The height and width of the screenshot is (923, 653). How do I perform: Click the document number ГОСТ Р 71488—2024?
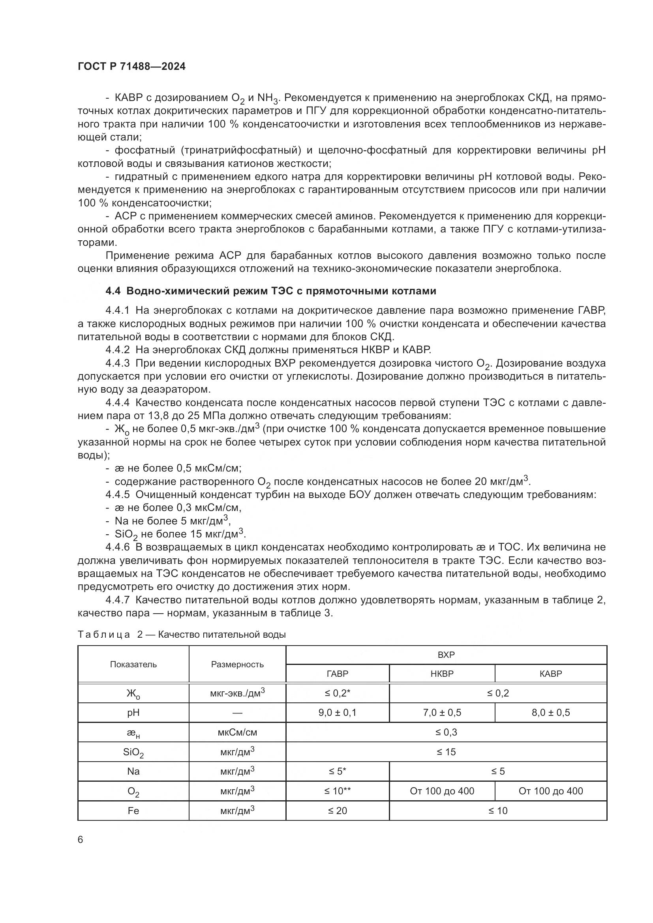tap(131, 67)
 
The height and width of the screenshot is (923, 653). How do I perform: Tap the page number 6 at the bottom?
tap(81, 840)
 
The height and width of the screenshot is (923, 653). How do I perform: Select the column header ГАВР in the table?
tap(337, 673)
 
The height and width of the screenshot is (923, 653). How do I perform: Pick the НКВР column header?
tap(441, 673)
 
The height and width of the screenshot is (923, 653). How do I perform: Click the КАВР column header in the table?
tap(550, 673)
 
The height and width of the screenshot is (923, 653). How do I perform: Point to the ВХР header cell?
tap(446, 654)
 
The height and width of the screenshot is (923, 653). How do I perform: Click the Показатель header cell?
tap(133, 664)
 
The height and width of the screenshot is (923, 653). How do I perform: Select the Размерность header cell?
tap(237, 664)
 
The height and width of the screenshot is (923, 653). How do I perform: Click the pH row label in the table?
tap(133, 712)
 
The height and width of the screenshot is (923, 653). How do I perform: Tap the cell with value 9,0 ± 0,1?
tap(337, 712)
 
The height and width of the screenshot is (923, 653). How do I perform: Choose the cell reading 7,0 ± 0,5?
tap(441, 712)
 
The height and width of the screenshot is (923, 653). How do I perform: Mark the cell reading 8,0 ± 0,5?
tap(550, 712)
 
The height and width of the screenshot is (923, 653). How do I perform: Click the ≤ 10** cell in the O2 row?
tap(337, 791)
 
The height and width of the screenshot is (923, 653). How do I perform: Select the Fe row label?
tap(133, 811)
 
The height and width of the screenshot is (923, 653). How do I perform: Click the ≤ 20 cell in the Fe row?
tap(337, 811)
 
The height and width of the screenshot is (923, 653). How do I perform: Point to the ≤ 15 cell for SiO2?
tap(446, 752)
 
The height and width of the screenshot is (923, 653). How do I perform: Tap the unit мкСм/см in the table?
tap(237, 732)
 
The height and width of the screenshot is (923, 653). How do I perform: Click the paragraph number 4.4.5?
tap(117, 494)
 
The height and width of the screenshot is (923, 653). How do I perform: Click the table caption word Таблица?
tap(104, 635)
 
